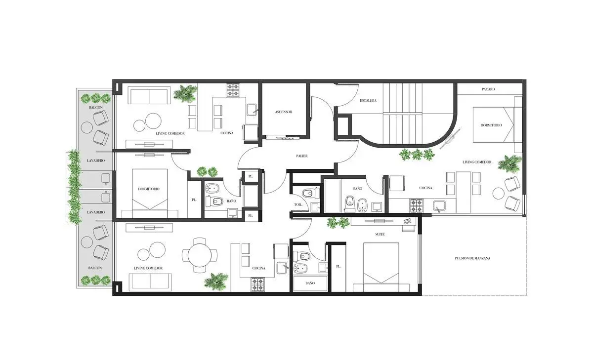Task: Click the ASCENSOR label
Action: click(284, 112)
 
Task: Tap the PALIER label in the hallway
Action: click(302, 156)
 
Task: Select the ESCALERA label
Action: click(368, 101)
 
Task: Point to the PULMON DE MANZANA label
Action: click(472, 258)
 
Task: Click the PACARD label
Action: click(488, 89)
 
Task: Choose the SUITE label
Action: click(380, 235)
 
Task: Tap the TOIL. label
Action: click(298, 205)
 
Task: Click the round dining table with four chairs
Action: click(200, 255)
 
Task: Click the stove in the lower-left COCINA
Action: click(257, 284)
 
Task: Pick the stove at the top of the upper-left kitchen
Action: click(233, 90)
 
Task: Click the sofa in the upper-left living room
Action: click(149, 96)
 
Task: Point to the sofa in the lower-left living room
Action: click(150, 281)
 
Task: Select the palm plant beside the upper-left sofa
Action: click(185, 93)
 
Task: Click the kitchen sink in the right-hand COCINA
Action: click(439, 206)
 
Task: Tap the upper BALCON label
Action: click(96, 107)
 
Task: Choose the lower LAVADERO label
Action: click(96, 212)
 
